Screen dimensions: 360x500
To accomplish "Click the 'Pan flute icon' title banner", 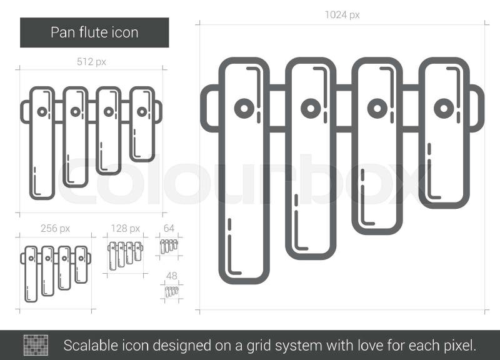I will click(x=94, y=32).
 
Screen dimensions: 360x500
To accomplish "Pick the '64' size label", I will click(x=169, y=228).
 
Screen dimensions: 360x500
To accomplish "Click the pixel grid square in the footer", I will click(x=36, y=344).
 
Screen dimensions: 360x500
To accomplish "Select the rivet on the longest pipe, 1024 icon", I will click(x=243, y=108).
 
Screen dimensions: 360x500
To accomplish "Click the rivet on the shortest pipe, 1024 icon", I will click(x=443, y=108).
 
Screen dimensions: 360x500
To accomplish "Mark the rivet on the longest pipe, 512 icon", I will click(x=42, y=112).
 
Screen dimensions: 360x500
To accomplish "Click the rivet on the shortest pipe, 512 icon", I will click(x=142, y=112).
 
